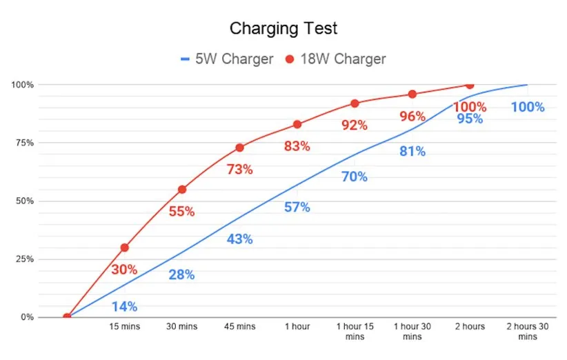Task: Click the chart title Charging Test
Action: tap(283, 29)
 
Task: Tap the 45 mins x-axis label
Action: tap(239, 326)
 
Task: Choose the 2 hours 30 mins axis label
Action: tap(528, 331)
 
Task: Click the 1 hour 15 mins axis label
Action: tap(355, 331)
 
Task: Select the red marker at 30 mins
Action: tap(182, 189)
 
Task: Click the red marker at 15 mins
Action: tap(124, 248)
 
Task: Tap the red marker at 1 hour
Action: tap(297, 124)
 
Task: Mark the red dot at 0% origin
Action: tap(67, 317)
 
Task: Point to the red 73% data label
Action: tap(239, 169)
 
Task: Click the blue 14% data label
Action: tap(124, 306)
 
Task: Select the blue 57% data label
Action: tap(297, 207)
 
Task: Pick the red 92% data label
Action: tap(355, 126)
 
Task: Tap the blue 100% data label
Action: tap(528, 107)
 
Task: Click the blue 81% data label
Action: tap(412, 152)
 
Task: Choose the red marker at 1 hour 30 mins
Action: tap(412, 94)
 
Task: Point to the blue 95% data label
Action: tap(470, 119)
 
